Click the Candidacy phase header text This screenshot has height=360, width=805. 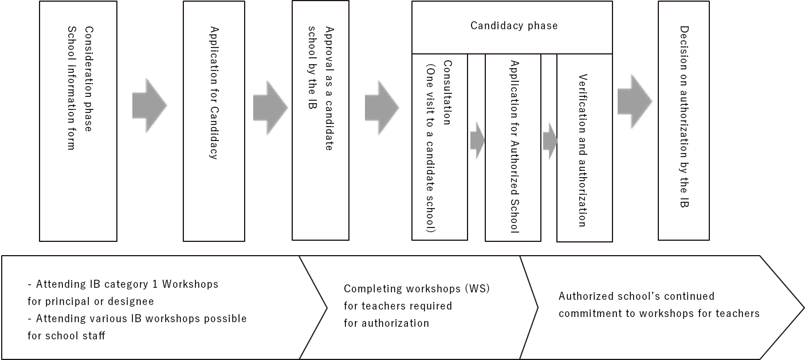click(x=514, y=26)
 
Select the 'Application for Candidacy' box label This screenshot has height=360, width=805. click(x=214, y=93)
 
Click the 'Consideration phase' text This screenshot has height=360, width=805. click(x=88, y=79)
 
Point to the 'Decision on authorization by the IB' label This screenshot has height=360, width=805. click(x=684, y=116)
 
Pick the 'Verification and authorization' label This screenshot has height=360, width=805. click(x=583, y=150)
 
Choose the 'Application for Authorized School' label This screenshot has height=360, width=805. click(x=514, y=147)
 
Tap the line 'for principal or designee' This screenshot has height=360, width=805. click(x=91, y=302)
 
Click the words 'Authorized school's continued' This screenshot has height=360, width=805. click(x=637, y=296)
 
